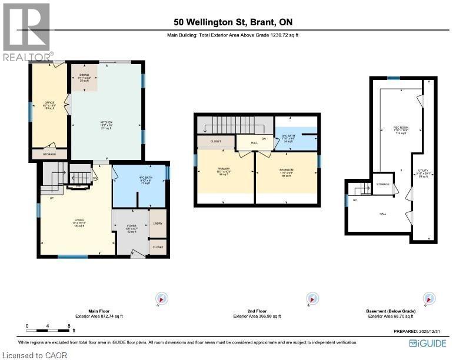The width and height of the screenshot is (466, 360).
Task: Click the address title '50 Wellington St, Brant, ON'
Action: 233,22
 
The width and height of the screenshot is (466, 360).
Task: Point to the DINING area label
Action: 84,75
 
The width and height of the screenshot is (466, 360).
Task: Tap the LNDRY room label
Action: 157,224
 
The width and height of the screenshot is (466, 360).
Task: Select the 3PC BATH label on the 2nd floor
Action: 288,138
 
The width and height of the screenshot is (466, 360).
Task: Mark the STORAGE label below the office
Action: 50,154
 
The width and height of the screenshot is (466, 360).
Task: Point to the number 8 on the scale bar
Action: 69,325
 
